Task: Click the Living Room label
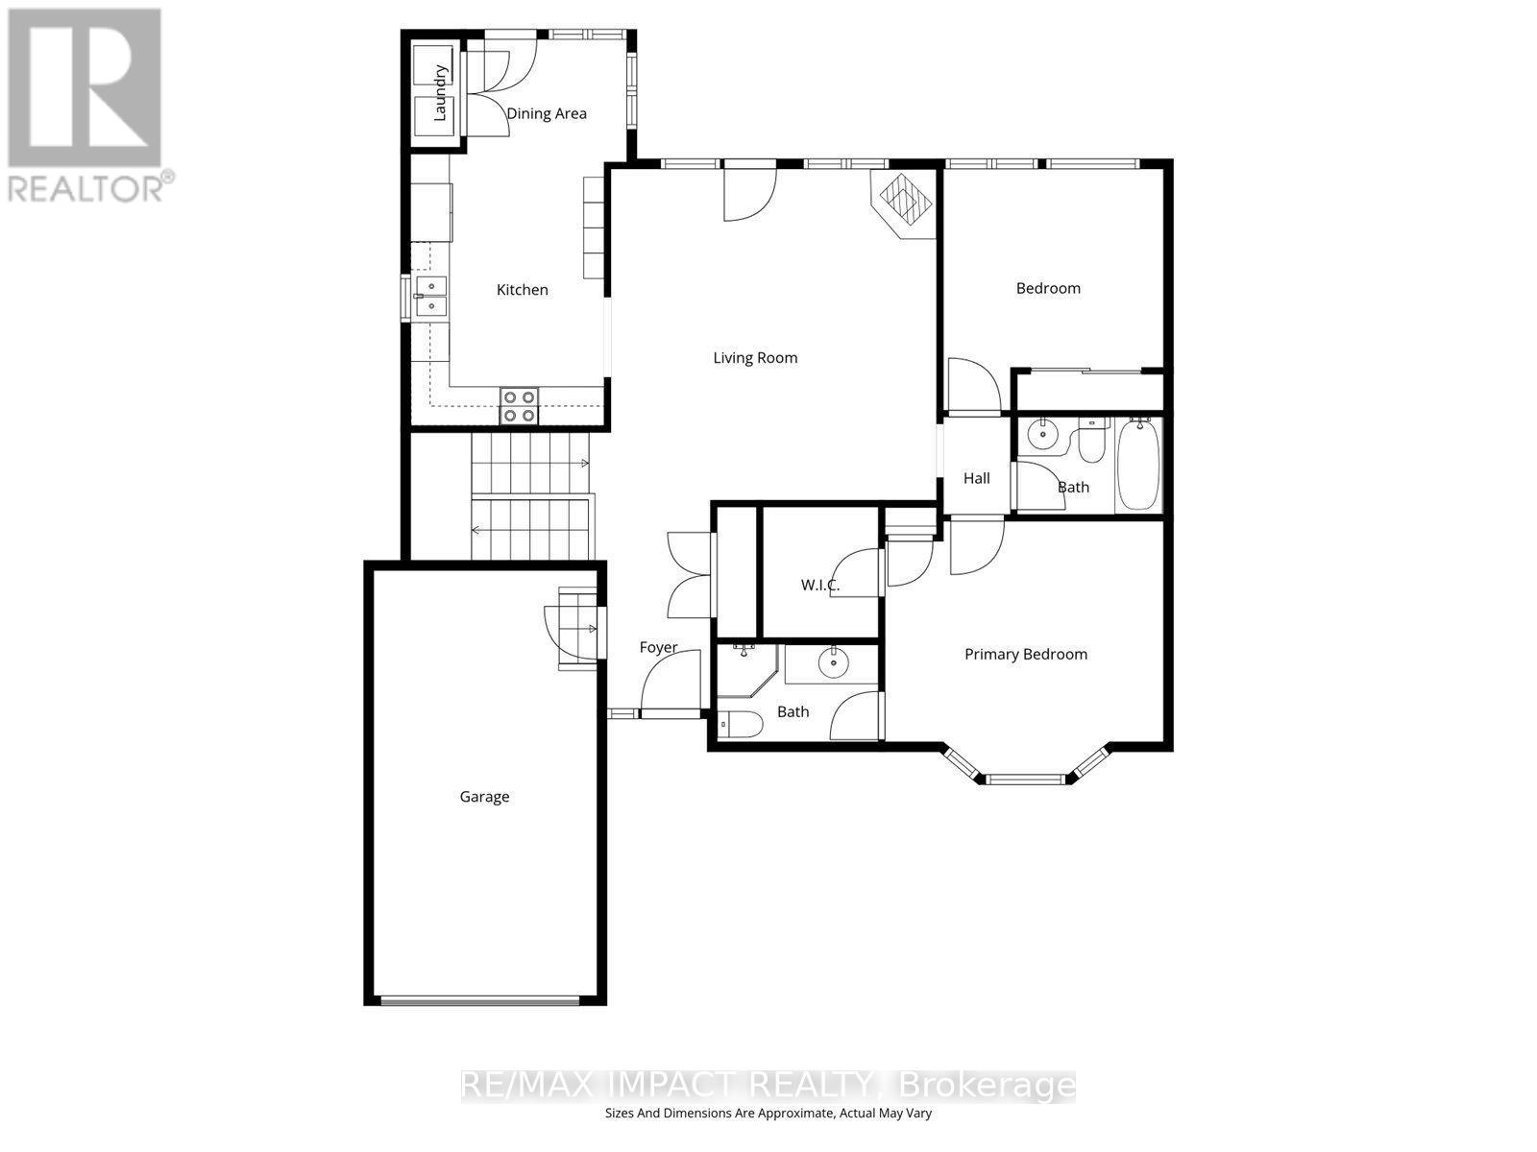point(755,358)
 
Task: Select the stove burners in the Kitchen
point(519,405)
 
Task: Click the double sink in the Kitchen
point(431,296)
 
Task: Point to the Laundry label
point(441,92)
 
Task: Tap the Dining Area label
point(547,113)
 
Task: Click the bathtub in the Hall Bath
point(1138,465)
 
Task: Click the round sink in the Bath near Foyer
point(832,662)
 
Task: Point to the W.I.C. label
point(820,585)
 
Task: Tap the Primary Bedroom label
point(1026,655)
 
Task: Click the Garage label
point(484,797)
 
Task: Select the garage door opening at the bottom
point(480,1000)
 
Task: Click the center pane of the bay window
point(1026,779)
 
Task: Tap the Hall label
point(976,478)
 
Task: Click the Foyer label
point(658,648)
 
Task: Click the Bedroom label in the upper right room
point(1048,288)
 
